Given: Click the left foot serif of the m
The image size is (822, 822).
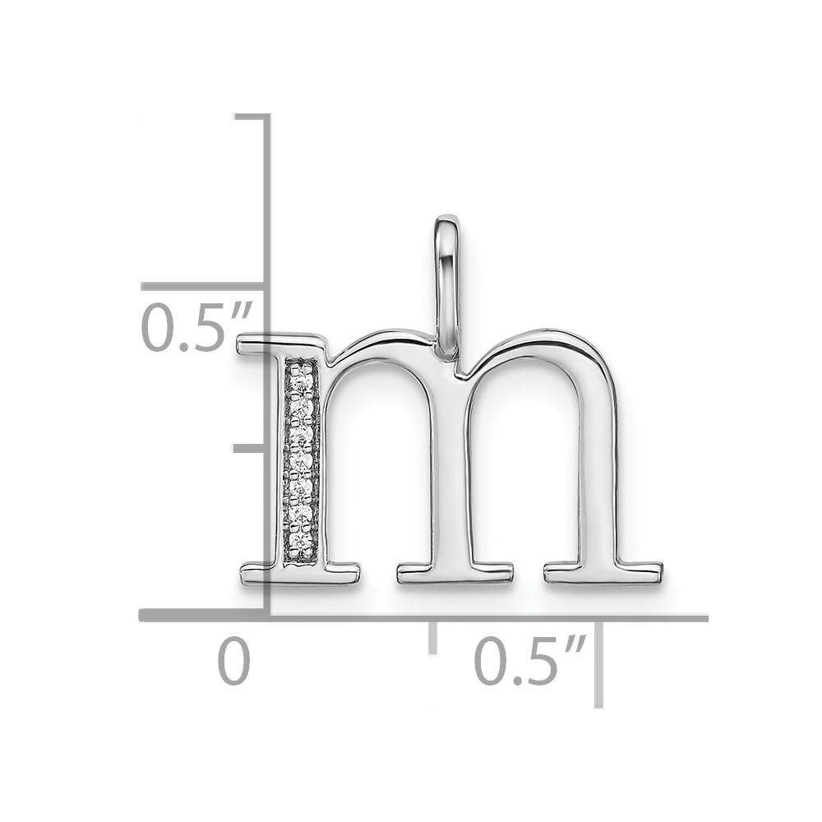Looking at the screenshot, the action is [x=300, y=574].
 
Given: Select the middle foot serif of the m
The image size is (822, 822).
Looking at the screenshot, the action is [x=455, y=574].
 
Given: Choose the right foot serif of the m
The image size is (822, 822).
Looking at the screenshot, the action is [x=603, y=574].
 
